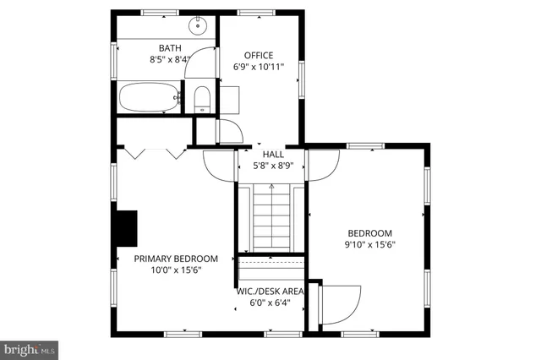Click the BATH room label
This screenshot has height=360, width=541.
[170, 48]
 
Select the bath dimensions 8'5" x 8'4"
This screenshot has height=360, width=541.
[170, 60]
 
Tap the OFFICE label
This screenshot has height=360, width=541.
[259, 55]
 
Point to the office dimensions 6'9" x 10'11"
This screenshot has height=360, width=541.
[259, 67]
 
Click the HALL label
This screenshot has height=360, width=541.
[273, 155]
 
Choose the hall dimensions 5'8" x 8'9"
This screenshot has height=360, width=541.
[273, 166]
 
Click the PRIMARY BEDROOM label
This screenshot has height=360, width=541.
[176, 259]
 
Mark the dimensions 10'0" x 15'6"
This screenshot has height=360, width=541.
[176, 270]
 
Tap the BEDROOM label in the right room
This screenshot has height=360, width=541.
[370, 233]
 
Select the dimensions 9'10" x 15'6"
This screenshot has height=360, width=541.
[370, 245]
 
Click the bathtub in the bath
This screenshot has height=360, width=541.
[149, 98]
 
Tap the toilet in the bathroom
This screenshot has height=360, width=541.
[201, 100]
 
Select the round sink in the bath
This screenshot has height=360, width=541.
[199, 25]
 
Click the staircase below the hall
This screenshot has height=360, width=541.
[270, 217]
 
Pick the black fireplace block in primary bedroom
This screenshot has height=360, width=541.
[126, 227]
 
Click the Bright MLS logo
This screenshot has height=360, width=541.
[30, 348]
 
